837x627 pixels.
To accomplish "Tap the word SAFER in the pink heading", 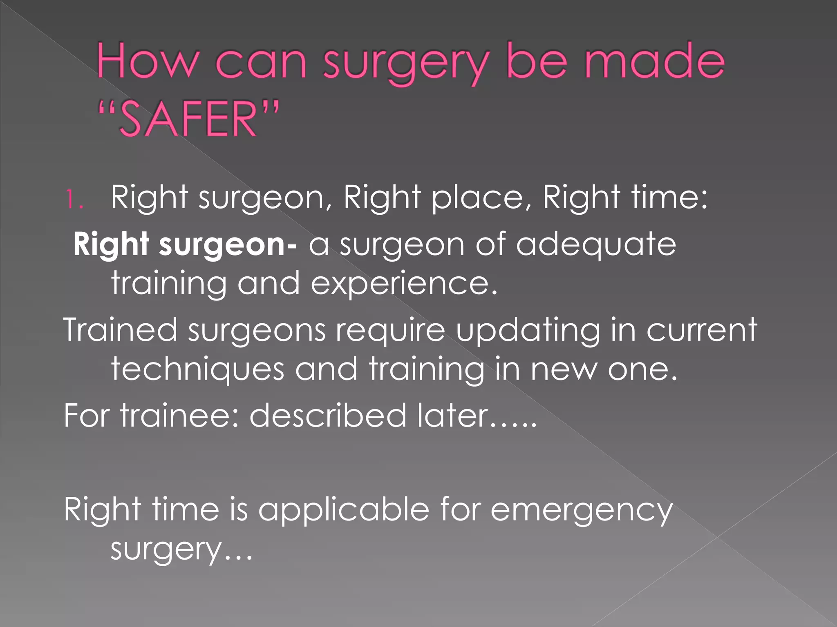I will click(x=188, y=120).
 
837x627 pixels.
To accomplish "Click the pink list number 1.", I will click(x=74, y=200).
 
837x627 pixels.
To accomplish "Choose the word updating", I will click(x=528, y=331).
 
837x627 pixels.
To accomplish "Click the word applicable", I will click(x=344, y=510).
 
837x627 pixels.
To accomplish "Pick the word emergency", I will click(x=581, y=510).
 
